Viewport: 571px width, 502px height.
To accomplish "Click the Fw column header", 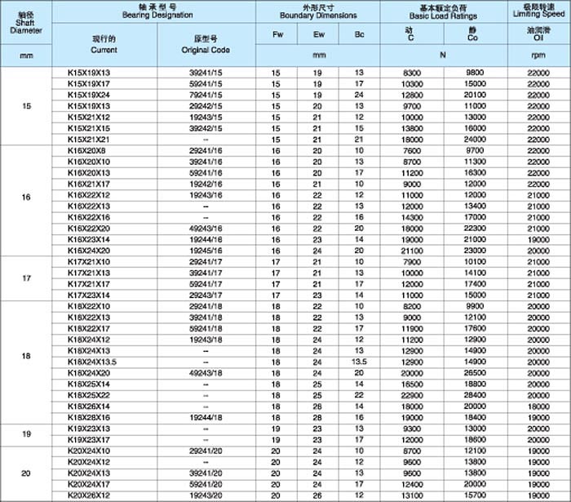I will coord(277,34).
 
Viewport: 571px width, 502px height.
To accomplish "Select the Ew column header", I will coord(318,34).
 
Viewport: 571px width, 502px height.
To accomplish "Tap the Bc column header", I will coord(359,34).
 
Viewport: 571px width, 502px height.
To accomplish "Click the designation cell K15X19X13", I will coord(87,73).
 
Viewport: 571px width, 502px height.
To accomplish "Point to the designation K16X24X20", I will coord(87,250).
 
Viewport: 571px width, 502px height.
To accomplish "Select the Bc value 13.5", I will coord(359,361).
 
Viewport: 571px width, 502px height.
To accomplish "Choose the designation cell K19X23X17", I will coord(87,439).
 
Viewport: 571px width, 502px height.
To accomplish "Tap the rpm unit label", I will coord(538,56).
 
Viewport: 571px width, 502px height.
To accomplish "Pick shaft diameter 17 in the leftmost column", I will coord(27,278).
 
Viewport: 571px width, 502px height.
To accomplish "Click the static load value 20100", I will coord(474,95).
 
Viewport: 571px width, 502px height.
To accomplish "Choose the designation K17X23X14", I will coord(87,295).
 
